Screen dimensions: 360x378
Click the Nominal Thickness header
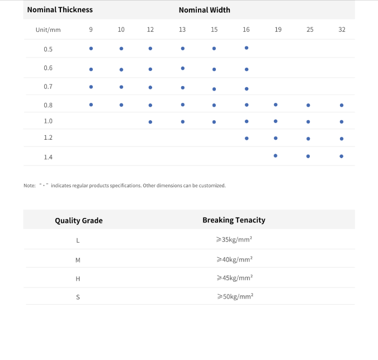60,10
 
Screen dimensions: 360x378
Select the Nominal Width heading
204,10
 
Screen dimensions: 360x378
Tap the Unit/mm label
48,30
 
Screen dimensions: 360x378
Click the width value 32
342,30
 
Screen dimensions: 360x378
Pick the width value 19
278,30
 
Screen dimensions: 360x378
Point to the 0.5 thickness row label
48,49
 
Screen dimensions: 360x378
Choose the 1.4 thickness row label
48,157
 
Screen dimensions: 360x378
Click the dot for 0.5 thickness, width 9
91,49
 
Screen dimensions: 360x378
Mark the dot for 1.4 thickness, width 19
276,155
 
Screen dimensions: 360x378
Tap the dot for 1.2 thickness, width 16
247,138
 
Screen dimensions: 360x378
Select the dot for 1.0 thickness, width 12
150,121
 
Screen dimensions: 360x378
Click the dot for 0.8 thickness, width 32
342,105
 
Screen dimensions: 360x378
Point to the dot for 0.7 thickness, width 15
214,89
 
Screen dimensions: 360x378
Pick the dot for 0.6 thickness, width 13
183,68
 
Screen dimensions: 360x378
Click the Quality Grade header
79,220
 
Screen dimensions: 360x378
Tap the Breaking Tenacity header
234,220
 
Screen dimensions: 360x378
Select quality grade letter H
78,278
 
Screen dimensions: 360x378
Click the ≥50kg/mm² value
235,296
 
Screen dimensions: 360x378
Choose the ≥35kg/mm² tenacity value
234,240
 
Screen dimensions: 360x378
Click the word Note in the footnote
29,186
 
